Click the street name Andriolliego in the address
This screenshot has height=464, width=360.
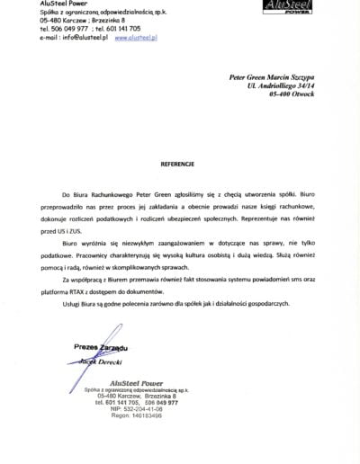287,94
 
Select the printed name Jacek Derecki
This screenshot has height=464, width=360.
104,358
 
